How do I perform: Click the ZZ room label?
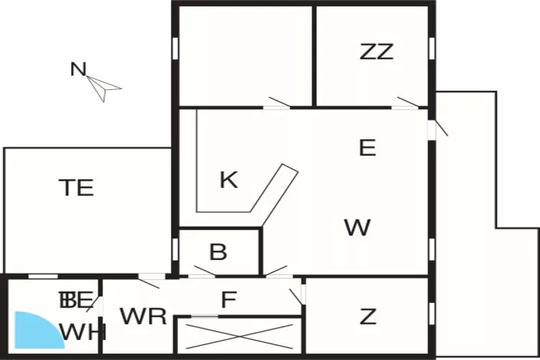click(x=377, y=52)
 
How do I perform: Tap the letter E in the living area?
click(x=367, y=148)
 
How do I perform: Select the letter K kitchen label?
click(x=228, y=180)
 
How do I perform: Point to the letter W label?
click(x=357, y=228)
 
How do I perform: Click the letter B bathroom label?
click(x=218, y=253)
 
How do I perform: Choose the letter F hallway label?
click(x=228, y=299)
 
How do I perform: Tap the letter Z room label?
click(x=368, y=316)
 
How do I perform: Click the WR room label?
click(x=143, y=316)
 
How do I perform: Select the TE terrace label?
click(x=76, y=188)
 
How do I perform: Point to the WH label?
click(x=83, y=332)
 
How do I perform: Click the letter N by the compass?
click(x=78, y=70)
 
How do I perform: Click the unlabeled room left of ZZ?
click(x=245, y=56)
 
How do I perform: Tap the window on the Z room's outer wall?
click(x=431, y=313)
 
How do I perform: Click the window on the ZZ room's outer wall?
click(x=432, y=48)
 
